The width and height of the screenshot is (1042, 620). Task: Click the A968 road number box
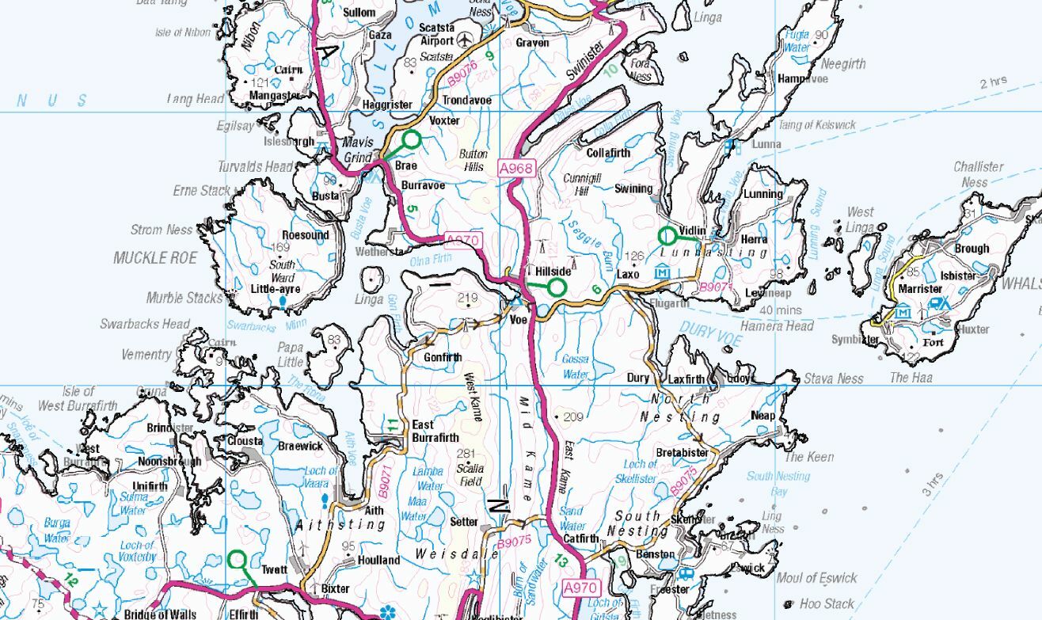point(516,169)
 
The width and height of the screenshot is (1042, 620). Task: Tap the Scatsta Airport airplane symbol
point(465,40)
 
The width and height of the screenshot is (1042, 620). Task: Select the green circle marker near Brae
point(412,140)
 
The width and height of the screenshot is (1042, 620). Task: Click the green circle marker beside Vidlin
point(667,235)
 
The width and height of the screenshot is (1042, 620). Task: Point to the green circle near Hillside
point(557,287)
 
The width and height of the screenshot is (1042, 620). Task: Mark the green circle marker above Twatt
point(237,560)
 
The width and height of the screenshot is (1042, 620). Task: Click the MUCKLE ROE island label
point(155,258)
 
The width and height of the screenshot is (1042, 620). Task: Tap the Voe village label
point(518,320)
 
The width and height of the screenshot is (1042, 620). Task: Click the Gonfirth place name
point(442,357)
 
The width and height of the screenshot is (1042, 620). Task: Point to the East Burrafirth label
point(435,431)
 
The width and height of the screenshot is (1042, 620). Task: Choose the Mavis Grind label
point(357,150)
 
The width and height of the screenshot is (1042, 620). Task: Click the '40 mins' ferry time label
point(780,310)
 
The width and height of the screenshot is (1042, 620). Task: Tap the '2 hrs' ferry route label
point(993,82)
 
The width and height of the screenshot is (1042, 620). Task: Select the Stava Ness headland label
point(833,378)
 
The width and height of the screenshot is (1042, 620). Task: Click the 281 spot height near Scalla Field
point(470,454)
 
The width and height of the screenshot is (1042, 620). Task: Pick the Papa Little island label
point(290,355)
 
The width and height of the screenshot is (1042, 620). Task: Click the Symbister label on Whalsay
point(855,339)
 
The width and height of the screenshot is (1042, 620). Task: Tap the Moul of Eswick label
point(816,577)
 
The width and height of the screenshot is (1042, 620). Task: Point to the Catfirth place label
point(581,538)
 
